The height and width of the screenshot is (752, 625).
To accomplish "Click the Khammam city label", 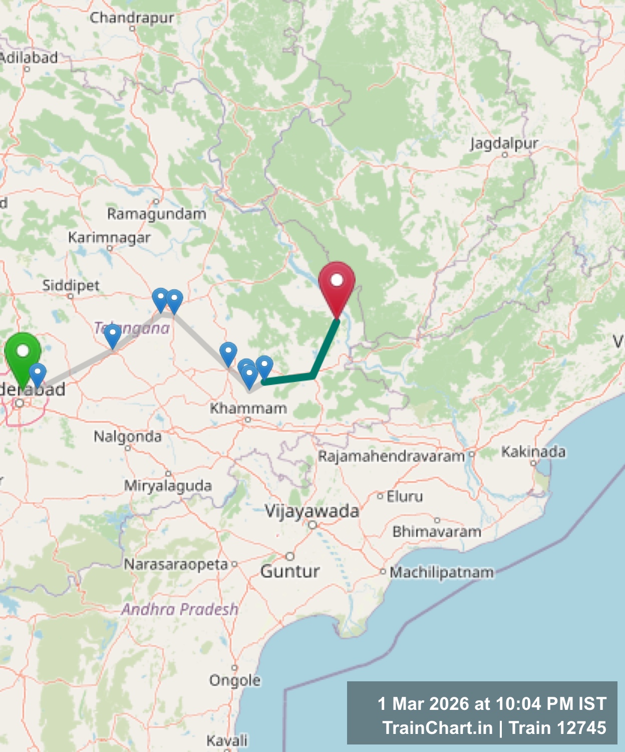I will (x=248, y=408).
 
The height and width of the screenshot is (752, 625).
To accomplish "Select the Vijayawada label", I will (x=312, y=511).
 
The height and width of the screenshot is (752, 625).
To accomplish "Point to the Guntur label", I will (x=290, y=571).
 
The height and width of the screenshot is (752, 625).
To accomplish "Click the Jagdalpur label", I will (x=504, y=144).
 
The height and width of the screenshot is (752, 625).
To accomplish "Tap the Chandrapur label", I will (x=132, y=18).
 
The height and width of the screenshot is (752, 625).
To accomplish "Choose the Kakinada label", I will (x=533, y=452).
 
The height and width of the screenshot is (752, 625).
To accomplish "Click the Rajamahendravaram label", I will (x=392, y=456).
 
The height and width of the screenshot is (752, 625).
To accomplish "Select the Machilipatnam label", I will (x=442, y=572).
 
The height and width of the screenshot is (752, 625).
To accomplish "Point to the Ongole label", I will (x=235, y=680).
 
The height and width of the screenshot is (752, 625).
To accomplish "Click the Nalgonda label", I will (x=128, y=437).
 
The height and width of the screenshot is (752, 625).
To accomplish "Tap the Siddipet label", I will (x=71, y=286).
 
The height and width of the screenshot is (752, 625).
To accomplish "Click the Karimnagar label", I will (x=109, y=237).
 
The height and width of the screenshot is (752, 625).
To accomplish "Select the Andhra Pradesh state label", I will (x=180, y=609).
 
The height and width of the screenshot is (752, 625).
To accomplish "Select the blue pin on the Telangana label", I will (x=113, y=334).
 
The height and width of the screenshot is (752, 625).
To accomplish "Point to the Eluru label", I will (x=405, y=496).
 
